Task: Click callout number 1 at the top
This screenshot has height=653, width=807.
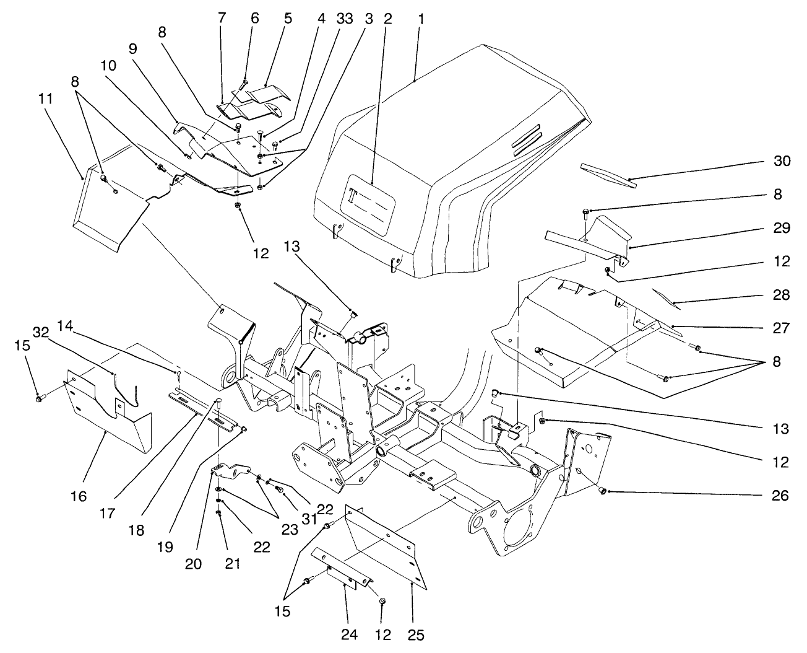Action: [x=421, y=19]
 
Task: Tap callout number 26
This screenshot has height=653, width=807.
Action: [x=781, y=496]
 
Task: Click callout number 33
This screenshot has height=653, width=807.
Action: [x=345, y=19]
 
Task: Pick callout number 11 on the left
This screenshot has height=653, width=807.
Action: [x=45, y=99]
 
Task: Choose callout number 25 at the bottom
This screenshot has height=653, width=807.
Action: [x=416, y=635]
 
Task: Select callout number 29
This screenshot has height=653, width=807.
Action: [x=781, y=228]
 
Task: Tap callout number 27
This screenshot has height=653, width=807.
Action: [x=781, y=328]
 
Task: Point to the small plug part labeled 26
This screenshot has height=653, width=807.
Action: [x=600, y=491]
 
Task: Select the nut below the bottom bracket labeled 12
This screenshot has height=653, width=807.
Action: [x=382, y=601]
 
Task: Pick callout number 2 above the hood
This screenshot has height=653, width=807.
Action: [x=388, y=19]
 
